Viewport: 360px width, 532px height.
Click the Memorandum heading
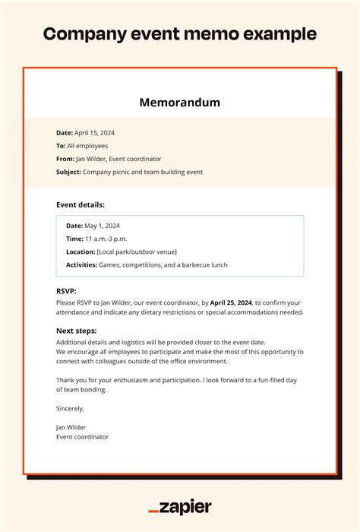pos(180,103)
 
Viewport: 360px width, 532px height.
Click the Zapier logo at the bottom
pos(180,507)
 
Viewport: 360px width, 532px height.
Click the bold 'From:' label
pos(65,159)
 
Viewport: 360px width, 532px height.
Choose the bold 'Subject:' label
pos(68,172)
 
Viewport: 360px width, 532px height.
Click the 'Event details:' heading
pos(81,204)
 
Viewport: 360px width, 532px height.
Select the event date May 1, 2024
pos(103,226)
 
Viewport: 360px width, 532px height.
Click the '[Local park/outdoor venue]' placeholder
pos(137,252)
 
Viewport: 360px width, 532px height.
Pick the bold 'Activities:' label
pos(81,264)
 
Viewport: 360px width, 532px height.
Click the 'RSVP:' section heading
pos(67,291)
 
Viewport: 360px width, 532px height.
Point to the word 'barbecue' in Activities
pos(194,264)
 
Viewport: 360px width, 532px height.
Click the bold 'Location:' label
pos(81,252)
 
